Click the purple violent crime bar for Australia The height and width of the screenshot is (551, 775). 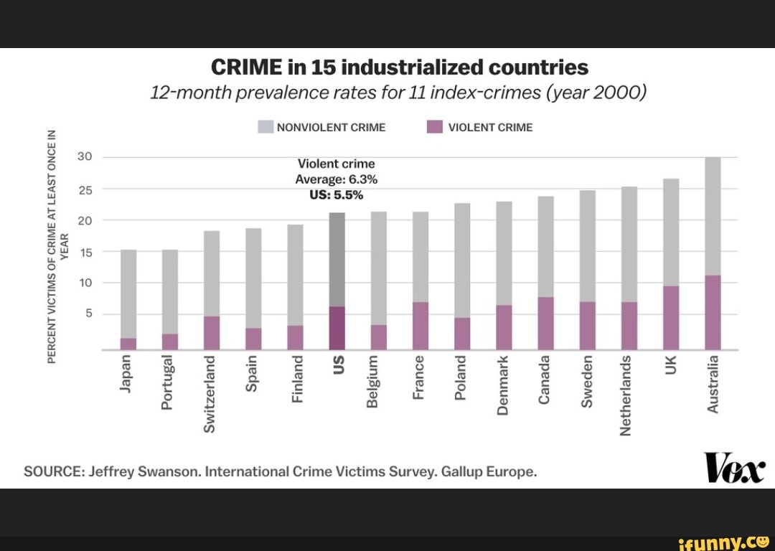pos(713,312)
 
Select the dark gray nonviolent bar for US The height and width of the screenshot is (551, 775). pos(337,259)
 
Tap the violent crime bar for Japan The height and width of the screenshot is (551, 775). pos(128,344)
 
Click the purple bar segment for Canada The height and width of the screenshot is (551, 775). pos(545,323)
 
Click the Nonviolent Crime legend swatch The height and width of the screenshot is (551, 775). pos(266,127)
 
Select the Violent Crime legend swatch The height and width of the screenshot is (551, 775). pos(434,127)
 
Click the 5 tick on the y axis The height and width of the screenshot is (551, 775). pos(88,314)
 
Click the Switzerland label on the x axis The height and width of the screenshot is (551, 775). pos(210,393)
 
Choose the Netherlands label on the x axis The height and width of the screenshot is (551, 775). pos(626,395)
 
